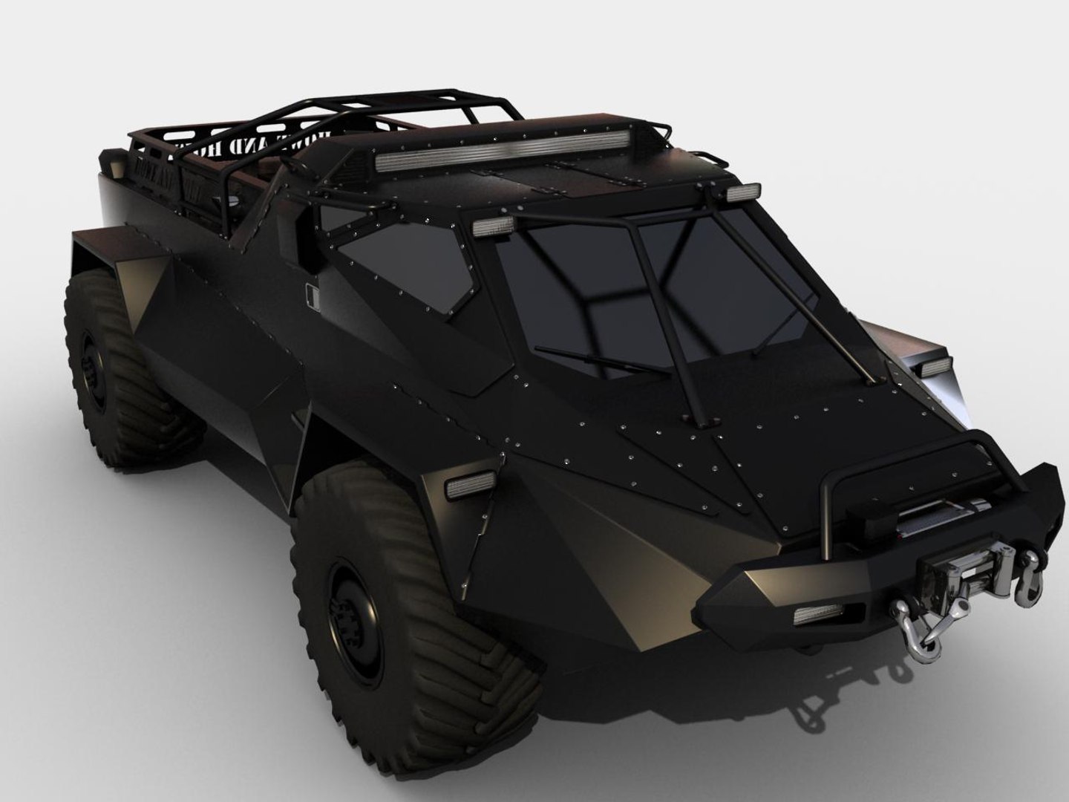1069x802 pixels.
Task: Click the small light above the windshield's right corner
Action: click(742, 193)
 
